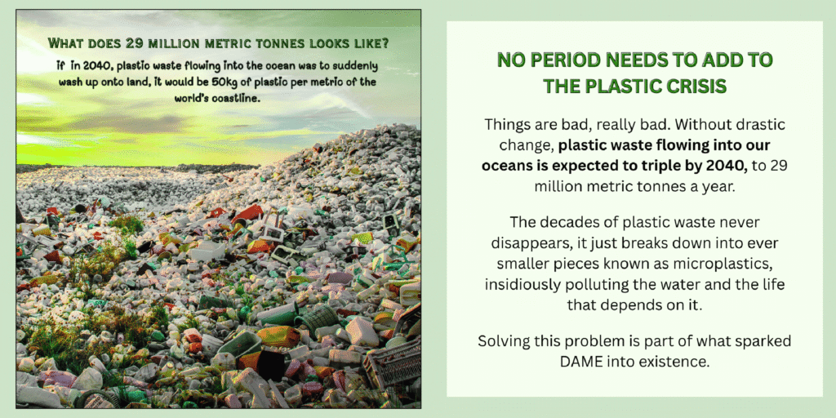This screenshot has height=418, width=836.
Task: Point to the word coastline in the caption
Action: point(237,99)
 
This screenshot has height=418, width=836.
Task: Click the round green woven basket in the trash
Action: point(317,320)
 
